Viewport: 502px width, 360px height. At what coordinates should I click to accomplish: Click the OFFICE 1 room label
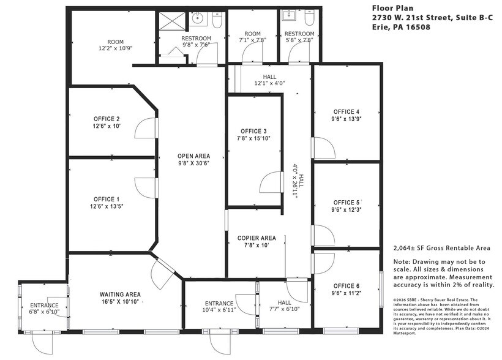coord(107,199)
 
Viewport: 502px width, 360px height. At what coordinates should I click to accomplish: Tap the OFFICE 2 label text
coord(107,119)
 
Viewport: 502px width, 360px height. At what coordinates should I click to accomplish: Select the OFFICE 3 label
coord(253,132)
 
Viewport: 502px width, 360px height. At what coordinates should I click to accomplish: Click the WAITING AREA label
coord(120,294)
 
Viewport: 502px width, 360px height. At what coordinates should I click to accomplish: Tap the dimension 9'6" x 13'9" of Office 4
coord(346,119)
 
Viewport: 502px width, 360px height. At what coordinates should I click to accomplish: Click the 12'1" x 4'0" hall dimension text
coord(269,83)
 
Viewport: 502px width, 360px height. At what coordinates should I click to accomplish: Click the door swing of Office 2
coord(144,129)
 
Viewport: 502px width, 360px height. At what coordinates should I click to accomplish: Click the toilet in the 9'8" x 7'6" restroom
coord(217,21)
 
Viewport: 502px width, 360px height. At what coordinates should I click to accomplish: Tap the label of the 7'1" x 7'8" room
coord(253,34)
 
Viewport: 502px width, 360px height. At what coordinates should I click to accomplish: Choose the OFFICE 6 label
coord(346,286)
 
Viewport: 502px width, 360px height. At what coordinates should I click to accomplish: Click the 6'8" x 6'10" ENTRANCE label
coord(44,306)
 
